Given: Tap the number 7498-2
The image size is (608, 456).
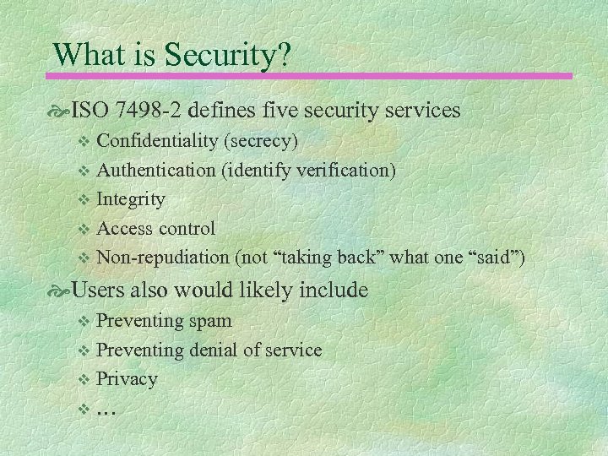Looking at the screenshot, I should [147, 110].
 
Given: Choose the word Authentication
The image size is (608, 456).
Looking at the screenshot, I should [156, 170].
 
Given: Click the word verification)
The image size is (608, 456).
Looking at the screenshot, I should [345, 170].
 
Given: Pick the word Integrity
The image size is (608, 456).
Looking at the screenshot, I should [131, 199].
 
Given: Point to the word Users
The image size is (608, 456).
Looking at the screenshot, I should [98, 290].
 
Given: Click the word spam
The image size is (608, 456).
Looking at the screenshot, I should [210, 320].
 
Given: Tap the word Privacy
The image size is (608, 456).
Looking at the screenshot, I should [127, 379].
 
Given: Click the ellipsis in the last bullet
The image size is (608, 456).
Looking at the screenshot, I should [106, 411].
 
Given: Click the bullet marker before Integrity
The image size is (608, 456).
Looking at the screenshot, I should [83, 200].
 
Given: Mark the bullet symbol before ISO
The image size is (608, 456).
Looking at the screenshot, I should [62, 111].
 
